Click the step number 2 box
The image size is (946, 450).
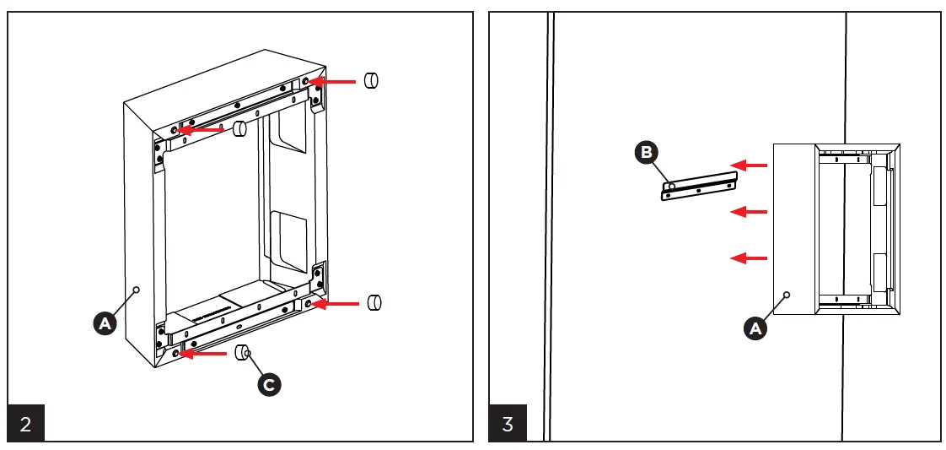tap(25, 424)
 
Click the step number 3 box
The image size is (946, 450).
tap(508, 424)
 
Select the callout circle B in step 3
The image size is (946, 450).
tap(647, 153)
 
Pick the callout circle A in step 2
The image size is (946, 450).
tap(104, 323)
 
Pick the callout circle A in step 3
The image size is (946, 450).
tap(755, 328)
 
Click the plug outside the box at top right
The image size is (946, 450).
tap(370, 80)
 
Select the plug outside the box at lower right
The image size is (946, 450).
tap(375, 302)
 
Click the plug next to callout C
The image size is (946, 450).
tap(241, 352)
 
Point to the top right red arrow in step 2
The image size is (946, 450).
tap(331, 82)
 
